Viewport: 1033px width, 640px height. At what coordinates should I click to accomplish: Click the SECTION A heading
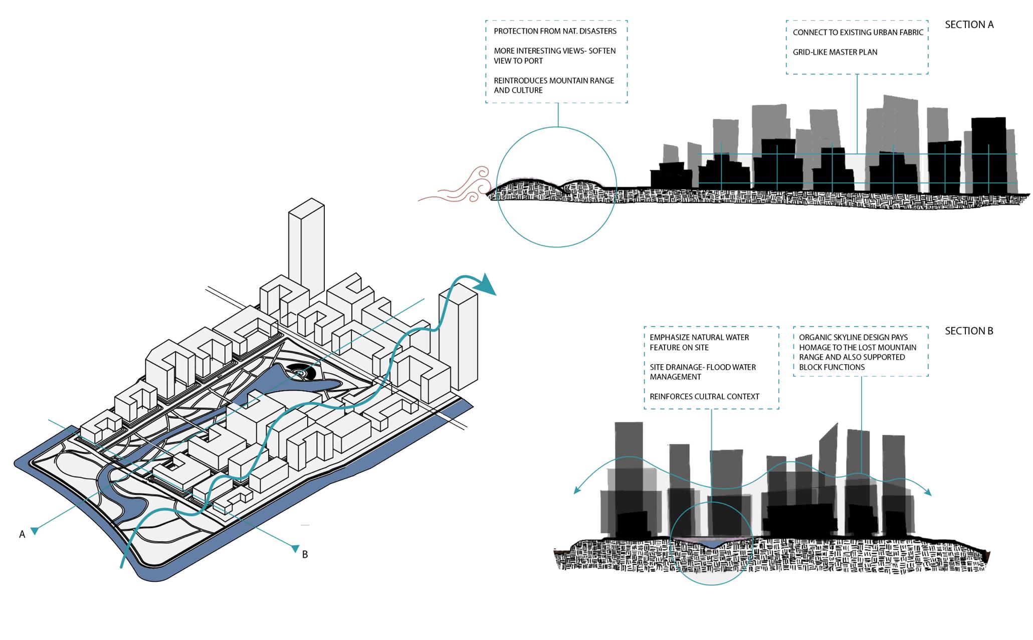pos(969,25)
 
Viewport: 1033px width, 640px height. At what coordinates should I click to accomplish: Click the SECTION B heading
pos(969,331)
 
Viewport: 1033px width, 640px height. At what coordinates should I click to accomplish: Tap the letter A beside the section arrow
pos(22,535)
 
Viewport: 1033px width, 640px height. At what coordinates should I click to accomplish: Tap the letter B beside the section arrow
pos(305,554)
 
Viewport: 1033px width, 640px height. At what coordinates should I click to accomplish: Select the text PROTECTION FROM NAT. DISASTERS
pos(555,31)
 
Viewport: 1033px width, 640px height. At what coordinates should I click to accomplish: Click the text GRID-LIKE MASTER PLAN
pos(835,52)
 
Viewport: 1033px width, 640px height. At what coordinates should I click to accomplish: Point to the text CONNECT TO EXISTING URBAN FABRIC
pos(858,33)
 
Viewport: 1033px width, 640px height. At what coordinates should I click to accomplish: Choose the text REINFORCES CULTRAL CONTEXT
pos(704,397)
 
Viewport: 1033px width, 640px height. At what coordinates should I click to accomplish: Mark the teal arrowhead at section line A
pos(35,530)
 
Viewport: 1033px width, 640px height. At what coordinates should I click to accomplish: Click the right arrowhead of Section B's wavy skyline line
pos(928,493)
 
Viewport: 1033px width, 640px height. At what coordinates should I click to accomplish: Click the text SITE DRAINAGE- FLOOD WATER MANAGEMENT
pos(703,372)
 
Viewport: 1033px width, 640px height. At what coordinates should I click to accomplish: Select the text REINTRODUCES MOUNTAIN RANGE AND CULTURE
pos(554,85)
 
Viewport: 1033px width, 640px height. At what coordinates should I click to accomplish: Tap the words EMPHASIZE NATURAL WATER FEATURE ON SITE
pos(699,343)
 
